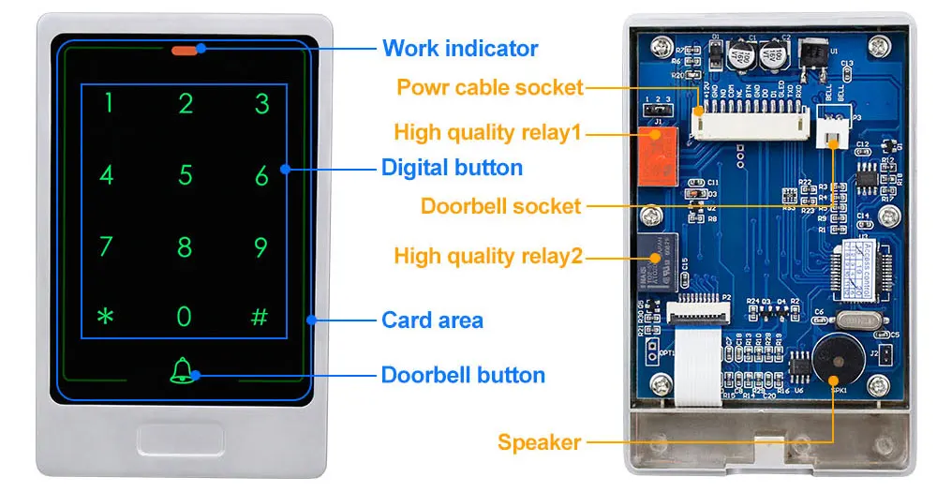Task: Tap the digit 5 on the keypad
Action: (x=185, y=174)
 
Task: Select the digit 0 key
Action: (x=185, y=316)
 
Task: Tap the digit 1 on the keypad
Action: (x=108, y=102)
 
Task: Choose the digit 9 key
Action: (x=261, y=246)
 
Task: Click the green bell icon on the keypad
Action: (x=181, y=371)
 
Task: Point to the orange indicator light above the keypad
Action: (x=185, y=50)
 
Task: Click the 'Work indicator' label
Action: (x=460, y=48)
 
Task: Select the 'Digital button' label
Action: (x=452, y=169)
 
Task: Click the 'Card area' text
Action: (x=432, y=321)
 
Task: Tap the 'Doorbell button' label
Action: (x=463, y=376)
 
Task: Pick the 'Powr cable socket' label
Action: (x=490, y=88)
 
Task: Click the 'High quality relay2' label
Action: (x=488, y=256)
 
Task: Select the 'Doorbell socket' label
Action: (x=501, y=206)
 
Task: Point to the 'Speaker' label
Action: (x=540, y=442)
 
